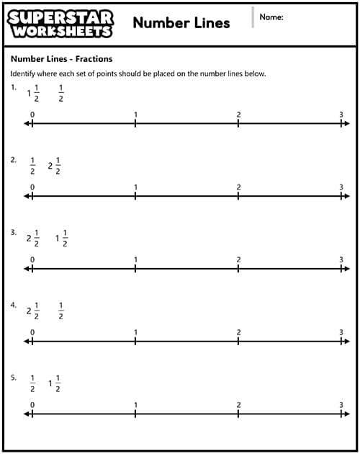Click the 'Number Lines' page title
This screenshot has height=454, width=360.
181,22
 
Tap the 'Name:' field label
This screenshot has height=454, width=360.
271,17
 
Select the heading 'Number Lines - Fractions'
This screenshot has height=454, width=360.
61,59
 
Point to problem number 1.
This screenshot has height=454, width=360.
13,88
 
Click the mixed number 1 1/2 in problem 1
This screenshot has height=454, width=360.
33,93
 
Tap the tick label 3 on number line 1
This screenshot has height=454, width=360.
341,115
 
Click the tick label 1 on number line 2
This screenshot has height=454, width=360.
135,187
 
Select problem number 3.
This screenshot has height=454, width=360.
13,233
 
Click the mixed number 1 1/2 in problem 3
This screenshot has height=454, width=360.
61,239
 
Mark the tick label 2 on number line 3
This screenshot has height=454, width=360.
238,260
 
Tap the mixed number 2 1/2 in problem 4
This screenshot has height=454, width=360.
33,311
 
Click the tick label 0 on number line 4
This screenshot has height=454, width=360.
32,332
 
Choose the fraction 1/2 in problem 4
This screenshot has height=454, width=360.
61,311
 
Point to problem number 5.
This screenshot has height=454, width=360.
13,378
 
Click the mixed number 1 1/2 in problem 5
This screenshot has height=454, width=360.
55,383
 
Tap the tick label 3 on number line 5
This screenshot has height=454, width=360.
341,405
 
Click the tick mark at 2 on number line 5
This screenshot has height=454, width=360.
238,414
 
